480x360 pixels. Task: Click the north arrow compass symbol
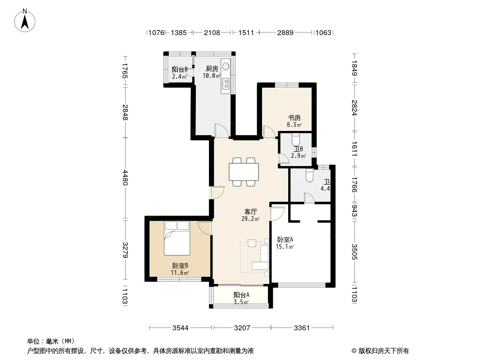coord(25,21)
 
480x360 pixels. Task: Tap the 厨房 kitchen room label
coord(212,69)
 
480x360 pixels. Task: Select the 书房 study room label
coord(294,118)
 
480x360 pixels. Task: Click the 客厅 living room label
coord(250,211)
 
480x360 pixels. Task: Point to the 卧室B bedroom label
coord(180,265)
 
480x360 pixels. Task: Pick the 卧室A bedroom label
coord(285,239)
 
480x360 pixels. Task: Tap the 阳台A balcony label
coord(241,295)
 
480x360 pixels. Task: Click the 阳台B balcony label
coord(180,70)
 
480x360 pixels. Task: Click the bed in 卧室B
coord(177,238)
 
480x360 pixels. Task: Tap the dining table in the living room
coord(244,172)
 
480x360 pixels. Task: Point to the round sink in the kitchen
coord(226,66)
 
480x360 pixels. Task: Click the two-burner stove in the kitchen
coord(226,83)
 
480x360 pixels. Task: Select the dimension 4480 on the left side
coord(125,178)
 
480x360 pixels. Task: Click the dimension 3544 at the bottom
coord(181,328)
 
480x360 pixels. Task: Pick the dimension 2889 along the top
coord(285,32)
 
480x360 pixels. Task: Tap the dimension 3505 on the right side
coord(354,252)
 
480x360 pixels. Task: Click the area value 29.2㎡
coord(250,219)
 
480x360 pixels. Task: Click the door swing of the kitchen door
coord(222,130)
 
